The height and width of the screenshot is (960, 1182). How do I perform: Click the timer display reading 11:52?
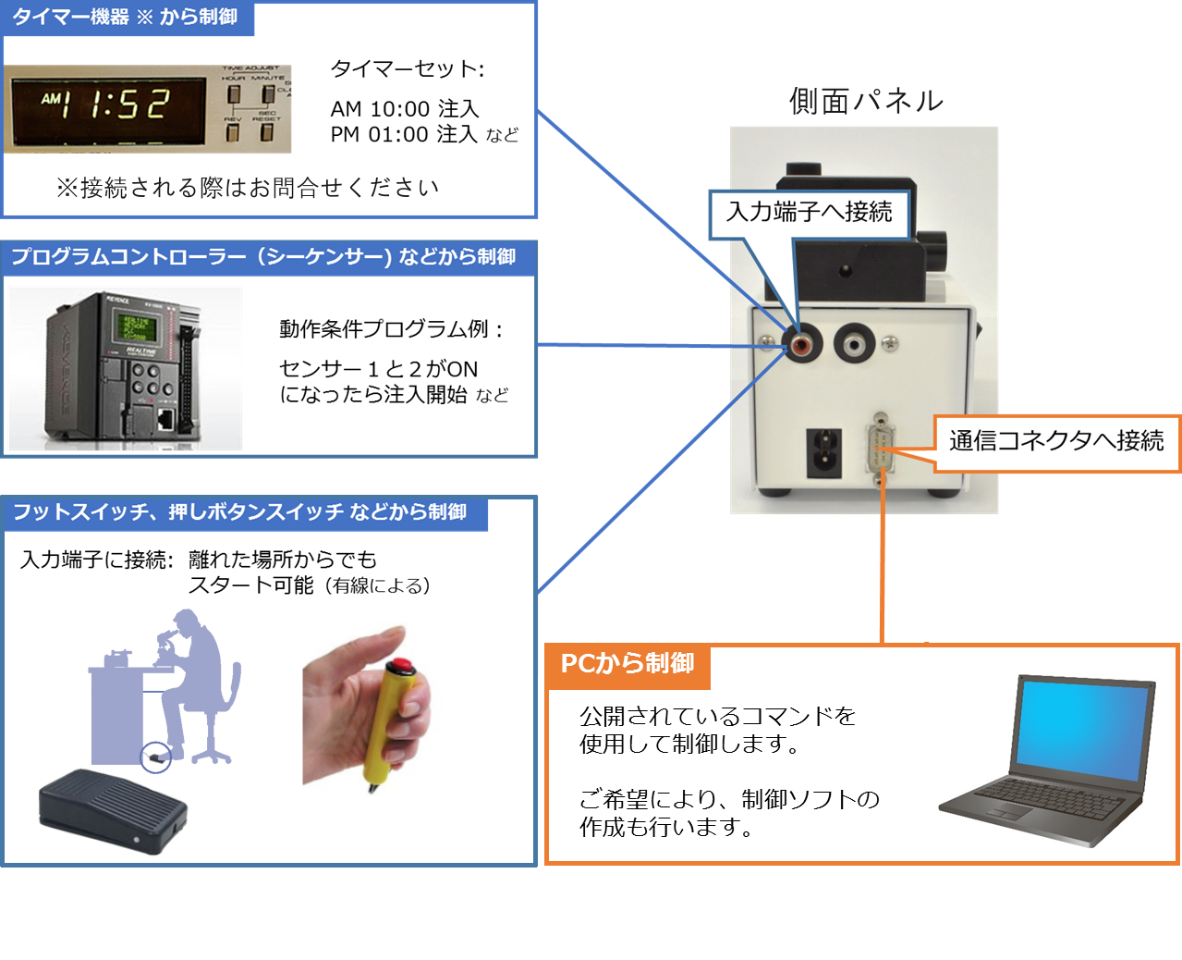coord(106,105)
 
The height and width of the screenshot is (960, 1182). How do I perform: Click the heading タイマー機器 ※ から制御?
coord(126,18)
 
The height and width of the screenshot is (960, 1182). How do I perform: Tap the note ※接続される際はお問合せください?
coord(247,188)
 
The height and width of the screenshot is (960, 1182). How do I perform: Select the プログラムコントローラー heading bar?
coord(263,256)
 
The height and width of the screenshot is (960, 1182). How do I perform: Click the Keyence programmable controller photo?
coord(124,368)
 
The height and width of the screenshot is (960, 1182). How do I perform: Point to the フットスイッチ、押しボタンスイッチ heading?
coord(240,511)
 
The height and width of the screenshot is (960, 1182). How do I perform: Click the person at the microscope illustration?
coord(176,684)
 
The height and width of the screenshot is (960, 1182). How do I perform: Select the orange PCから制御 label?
coord(628,664)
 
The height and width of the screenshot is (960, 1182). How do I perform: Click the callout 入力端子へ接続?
coord(810,213)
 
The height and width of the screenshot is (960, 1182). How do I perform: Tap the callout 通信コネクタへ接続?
coord(1056,441)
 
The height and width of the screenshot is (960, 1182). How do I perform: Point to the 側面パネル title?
coord(866,101)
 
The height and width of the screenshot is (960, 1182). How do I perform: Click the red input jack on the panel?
coord(801,345)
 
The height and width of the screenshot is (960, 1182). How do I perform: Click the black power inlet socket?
coord(824,452)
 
